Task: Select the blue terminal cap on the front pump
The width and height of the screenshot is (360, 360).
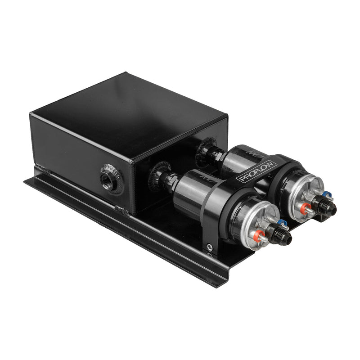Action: [282, 222]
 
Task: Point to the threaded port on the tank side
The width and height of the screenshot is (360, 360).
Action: [110, 178]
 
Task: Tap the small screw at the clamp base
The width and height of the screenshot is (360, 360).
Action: [209, 247]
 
